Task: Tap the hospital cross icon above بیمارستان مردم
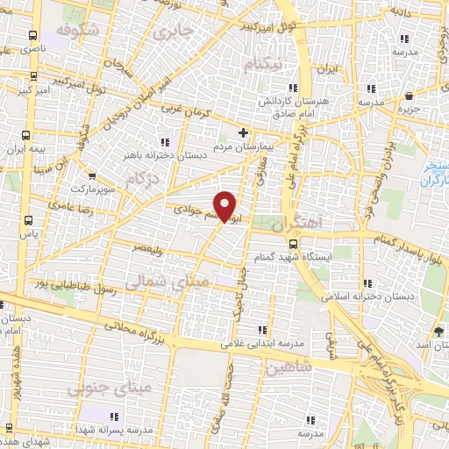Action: click(x=245, y=134)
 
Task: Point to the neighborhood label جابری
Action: click(x=172, y=33)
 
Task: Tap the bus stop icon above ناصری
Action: click(x=32, y=37)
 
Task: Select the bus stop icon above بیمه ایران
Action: click(x=27, y=137)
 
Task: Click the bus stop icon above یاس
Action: click(x=29, y=221)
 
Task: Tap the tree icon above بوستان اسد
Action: click(x=438, y=331)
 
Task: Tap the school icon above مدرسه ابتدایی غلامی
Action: click(x=262, y=330)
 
